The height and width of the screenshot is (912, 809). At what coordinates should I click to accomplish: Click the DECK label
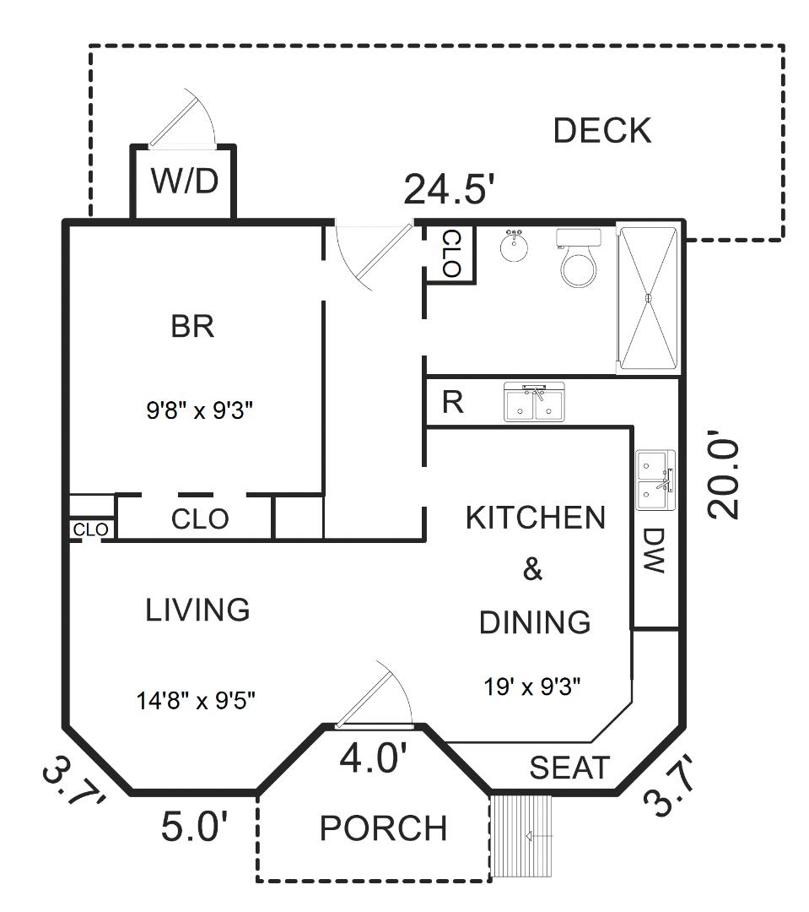coord(601,131)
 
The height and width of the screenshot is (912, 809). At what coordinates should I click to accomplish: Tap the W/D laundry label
coord(184,181)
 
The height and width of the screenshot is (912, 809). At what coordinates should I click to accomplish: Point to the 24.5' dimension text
coord(447,189)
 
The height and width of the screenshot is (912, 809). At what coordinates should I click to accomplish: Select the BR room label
coord(192,326)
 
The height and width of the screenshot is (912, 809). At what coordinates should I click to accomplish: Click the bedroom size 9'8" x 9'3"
coord(200,411)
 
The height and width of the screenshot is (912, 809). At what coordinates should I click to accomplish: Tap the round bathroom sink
coord(515,247)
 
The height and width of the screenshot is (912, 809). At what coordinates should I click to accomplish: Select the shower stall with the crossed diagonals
coord(648,297)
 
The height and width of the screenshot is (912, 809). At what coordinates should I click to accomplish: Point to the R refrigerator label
coord(453,403)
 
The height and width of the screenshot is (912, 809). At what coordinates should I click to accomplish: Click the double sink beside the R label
coord(535,402)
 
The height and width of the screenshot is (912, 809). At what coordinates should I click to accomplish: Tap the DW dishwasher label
coord(655,551)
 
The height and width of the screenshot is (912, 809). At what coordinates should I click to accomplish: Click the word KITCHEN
coord(535,518)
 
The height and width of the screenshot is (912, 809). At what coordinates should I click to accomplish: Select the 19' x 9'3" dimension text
coord(533,686)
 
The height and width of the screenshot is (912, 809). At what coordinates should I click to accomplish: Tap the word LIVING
coord(198,609)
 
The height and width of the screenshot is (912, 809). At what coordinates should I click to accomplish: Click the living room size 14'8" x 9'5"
coord(196,699)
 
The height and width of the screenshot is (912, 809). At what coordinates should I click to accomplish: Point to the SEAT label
coord(569,768)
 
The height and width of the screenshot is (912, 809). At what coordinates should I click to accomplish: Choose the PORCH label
coord(383,828)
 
